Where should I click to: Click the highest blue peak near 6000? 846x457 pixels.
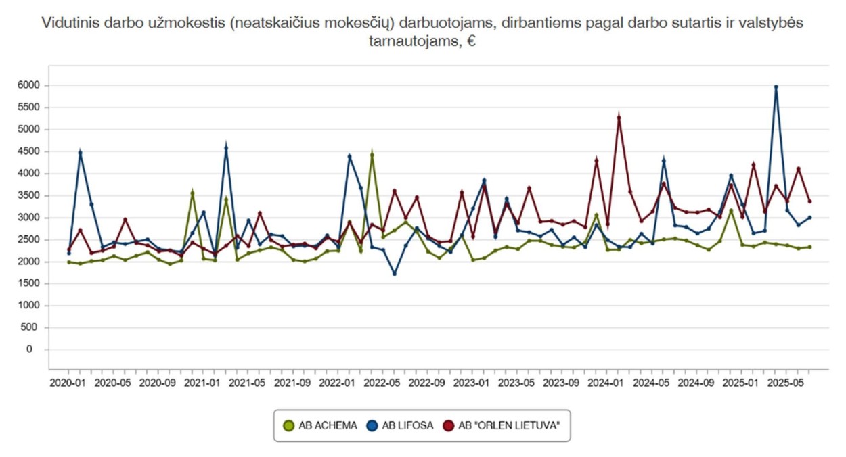[x=776, y=87]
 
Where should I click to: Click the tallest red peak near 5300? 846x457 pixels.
[x=619, y=118]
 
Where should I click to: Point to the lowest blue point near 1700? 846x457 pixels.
[x=395, y=274]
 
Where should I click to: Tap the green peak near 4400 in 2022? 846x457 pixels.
[x=372, y=155]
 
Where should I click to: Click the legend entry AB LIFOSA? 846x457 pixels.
[x=407, y=425]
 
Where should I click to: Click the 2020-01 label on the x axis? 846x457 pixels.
[x=69, y=383]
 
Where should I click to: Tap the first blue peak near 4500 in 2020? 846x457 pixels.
[x=80, y=153]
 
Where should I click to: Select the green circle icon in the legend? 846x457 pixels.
[x=289, y=425]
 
